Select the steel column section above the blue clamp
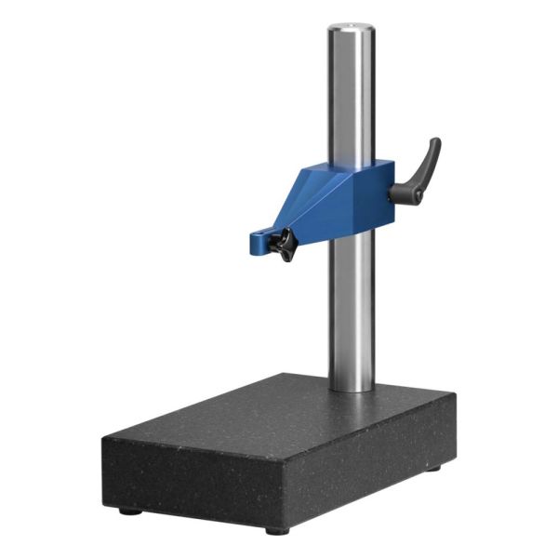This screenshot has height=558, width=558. click(x=351, y=93)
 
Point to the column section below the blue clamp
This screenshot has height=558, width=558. click(x=352, y=307)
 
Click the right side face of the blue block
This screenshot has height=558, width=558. click(x=380, y=200)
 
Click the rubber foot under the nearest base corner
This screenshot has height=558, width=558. click(x=276, y=530)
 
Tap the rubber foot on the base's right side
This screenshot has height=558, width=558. click(x=433, y=468)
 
